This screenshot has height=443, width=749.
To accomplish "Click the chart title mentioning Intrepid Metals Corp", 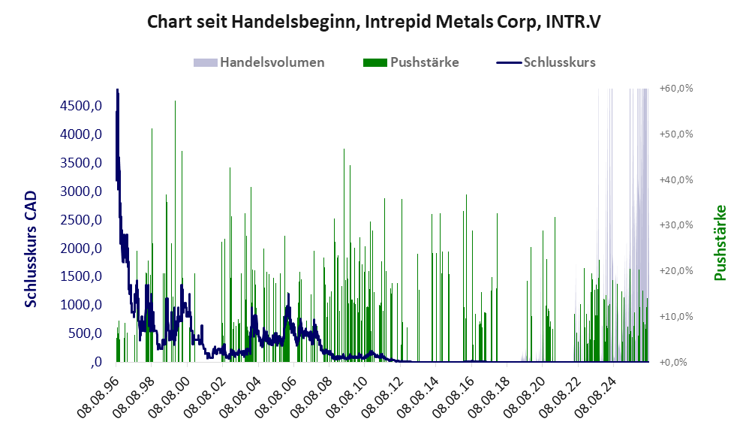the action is [x=374, y=22].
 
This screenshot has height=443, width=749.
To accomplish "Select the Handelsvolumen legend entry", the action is [x=259, y=62].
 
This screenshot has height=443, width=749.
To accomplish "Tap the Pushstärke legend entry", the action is [x=411, y=62].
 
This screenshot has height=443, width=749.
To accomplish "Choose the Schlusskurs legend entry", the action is [x=546, y=62].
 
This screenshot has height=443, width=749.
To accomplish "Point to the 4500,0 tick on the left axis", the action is [x=81, y=106].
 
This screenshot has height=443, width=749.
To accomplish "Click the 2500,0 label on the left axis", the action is [x=81, y=220].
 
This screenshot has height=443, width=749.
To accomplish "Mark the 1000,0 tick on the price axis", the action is [x=81, y=305].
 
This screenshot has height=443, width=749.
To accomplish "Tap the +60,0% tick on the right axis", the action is [x=676, y=89].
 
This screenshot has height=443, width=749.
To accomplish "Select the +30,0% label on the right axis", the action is [x=676, y=225].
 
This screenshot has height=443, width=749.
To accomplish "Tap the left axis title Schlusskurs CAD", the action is [x=31, y=249].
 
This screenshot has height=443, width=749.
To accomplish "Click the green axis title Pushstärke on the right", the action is [x=720, y=243].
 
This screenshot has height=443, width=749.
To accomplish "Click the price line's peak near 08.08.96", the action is [x=117, y=89].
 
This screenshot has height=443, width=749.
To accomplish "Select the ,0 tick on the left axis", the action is [x=96, y=362].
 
